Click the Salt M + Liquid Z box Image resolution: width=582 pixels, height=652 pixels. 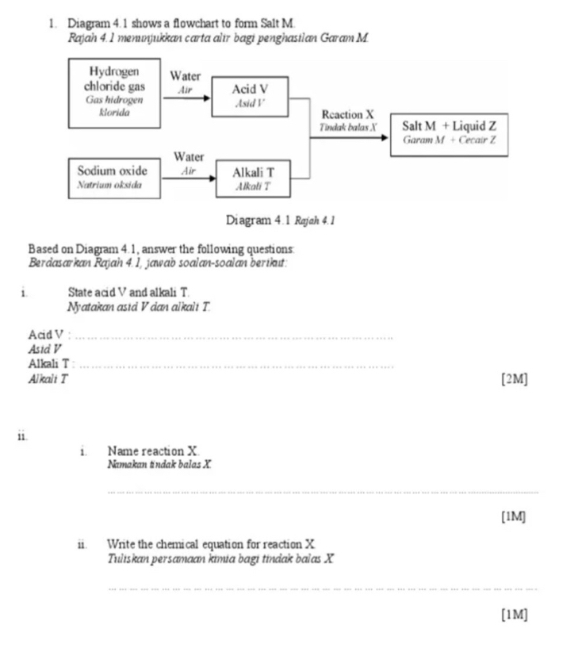click(449, 132)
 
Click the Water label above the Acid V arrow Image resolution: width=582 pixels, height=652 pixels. click(186, 75)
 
